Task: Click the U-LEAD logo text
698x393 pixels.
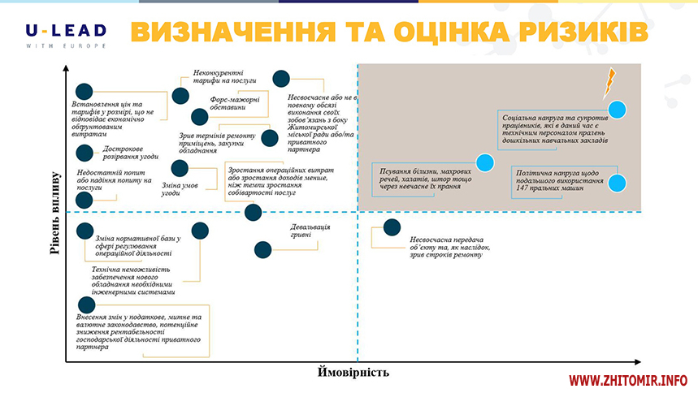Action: point(65,31)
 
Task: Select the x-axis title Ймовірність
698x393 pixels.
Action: point(353,372)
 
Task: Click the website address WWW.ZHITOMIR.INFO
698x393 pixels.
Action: point(628,379)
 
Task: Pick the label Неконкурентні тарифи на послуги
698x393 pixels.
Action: point(223,77)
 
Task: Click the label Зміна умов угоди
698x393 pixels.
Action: point(182,189)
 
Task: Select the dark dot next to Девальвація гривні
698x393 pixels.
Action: point(262,250)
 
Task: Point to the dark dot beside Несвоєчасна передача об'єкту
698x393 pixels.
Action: point(392,228)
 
